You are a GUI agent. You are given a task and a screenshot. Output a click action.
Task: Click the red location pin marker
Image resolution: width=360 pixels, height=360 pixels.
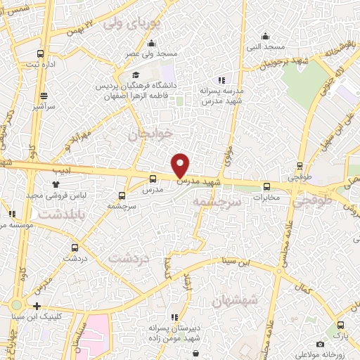(181, 165)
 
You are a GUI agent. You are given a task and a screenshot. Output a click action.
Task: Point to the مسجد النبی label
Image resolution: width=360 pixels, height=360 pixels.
(265, 47)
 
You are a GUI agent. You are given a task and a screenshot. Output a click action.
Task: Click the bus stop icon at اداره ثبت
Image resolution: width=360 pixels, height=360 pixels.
(41, 54)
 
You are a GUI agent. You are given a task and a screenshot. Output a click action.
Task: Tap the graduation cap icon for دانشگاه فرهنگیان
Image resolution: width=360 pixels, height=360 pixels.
(136, 75)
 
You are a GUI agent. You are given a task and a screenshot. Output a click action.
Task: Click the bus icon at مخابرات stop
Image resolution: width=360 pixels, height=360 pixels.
(266, 186)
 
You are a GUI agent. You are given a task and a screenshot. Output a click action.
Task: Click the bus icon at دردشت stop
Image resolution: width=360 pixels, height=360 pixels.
(75, 247)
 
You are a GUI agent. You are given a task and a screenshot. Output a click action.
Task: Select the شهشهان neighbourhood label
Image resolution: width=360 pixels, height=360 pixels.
(253, 300)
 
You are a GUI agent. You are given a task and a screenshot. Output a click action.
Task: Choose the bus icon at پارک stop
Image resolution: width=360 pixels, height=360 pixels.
(340, 325)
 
